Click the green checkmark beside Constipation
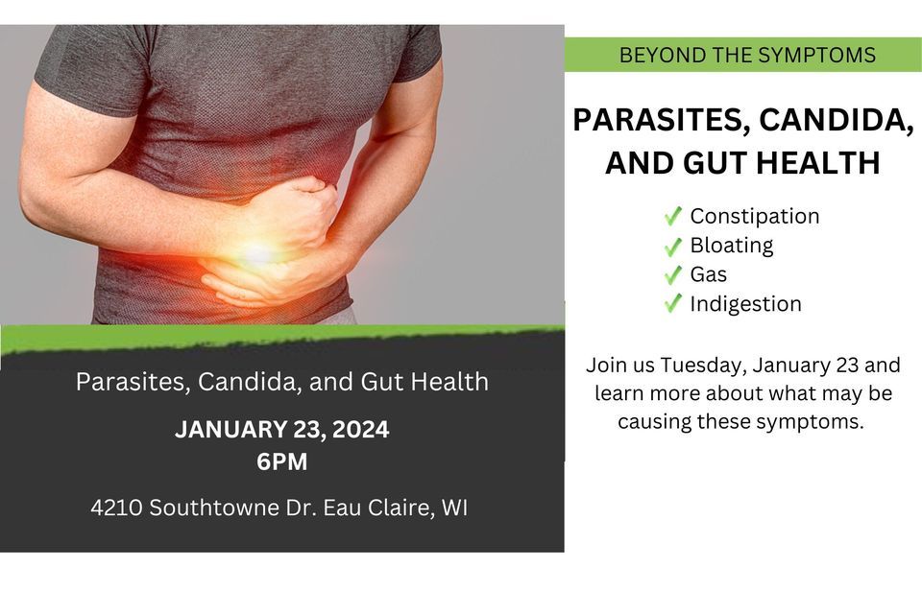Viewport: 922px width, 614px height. pos(673,216)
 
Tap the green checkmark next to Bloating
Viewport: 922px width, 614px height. pos(673,246)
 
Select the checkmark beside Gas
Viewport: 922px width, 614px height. pos(673,274)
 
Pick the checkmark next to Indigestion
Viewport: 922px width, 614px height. pos(673,304)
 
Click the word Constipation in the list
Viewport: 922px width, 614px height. pos(754,216)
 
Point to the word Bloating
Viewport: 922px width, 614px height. pos(731,246)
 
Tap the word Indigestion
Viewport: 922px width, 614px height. pos(745,304)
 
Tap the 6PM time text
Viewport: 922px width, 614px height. pos(281,461)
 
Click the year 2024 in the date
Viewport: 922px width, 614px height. pos(359,430)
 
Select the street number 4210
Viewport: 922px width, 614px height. pos(117,508)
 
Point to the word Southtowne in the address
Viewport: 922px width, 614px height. pos(207,508)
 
